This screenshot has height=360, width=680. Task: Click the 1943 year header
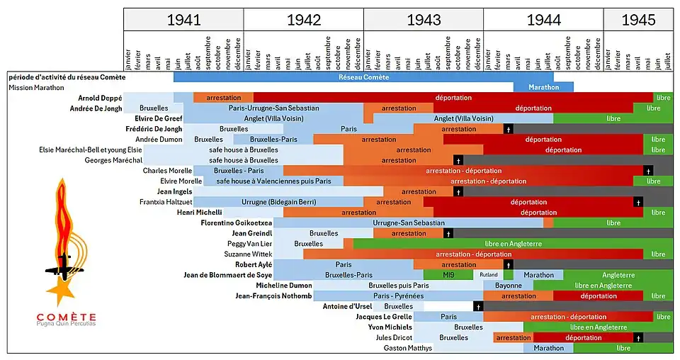point(423,20)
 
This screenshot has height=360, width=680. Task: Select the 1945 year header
point(637,20)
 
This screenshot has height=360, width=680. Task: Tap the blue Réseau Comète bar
point(363,77)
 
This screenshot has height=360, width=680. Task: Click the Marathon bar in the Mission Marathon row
point(543,87)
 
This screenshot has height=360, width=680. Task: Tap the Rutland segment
point(489,275)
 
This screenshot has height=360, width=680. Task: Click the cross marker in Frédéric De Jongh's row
point(508,129)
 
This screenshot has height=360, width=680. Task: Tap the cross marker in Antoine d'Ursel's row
point(478,306)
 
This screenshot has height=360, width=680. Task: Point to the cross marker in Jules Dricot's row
point(637,338)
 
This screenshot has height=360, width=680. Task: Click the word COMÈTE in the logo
point(67,316)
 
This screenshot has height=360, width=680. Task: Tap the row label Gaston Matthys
point(407,348)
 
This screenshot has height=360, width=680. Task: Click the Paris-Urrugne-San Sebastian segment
point(273,108)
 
